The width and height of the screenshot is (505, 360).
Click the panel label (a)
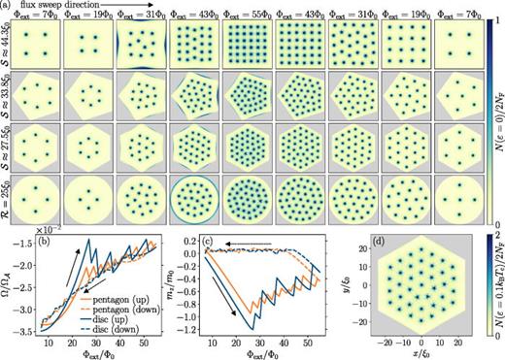pos(8,6)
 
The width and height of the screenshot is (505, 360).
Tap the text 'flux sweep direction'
pos(59,6)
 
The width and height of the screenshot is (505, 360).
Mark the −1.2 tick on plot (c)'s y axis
pos(189,331)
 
